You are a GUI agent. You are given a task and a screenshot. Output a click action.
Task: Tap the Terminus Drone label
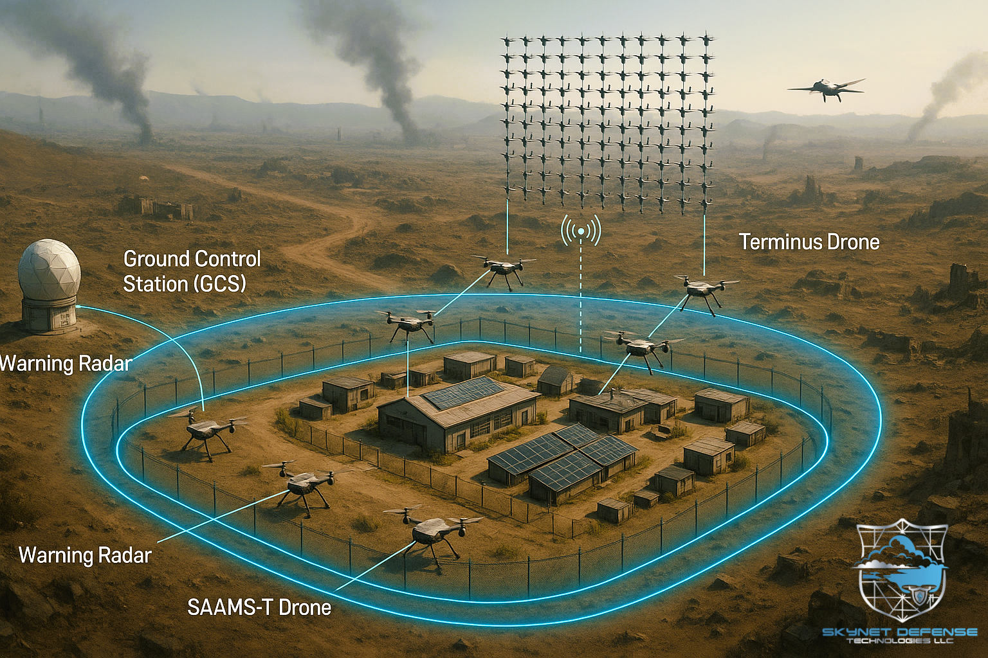click(x=809, y=242)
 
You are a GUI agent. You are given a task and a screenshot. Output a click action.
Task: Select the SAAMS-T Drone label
click(x=259, y=607)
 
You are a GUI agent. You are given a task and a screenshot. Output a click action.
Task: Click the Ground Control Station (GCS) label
click(x=192, y=271)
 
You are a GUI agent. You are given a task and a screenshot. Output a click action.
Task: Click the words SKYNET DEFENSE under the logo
click(x=899, y=632)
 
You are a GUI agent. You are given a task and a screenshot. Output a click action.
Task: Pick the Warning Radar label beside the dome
click(x=66, y=364)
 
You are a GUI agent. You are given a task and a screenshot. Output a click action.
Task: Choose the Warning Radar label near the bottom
click(x=85, y=555)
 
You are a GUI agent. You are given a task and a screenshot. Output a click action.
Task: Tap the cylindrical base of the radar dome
click(x=49, y=315)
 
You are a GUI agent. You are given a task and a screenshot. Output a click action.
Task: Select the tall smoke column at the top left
click(x=109, y=71)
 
